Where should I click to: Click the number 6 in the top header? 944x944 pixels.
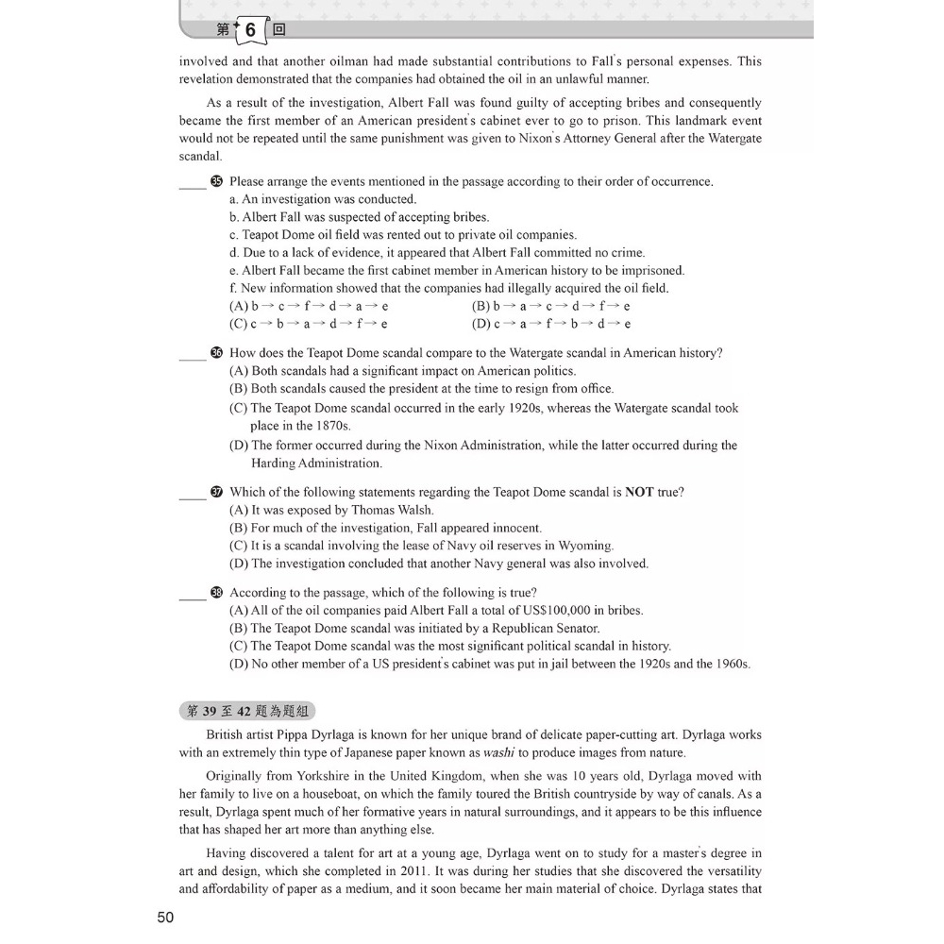click(x=250, y=30)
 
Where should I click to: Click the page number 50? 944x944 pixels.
click(x=165, y=917)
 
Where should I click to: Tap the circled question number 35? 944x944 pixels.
click(x=217, y=181)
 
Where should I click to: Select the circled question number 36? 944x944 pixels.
click(x=217, y=353)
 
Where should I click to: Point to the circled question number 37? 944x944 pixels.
click(x=217, y=492)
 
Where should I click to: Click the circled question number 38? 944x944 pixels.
click(x=217, y=593)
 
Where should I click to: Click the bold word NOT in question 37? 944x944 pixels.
click(x=639, y=492)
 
